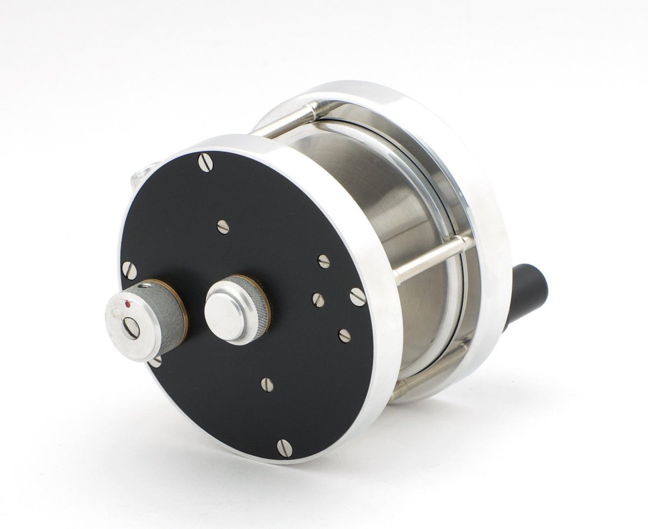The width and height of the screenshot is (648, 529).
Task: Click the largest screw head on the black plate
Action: (x=357, y=296)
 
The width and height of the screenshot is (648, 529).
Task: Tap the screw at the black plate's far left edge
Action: (x=129, y=268)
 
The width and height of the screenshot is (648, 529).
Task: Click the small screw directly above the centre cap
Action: (x=223, y=227)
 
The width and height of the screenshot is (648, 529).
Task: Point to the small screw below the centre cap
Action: (x=265, y=384)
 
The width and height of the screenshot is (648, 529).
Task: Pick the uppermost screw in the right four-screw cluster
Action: (x=323, y=261)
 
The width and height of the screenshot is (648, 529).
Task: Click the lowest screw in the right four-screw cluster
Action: (x=344, y=336)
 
